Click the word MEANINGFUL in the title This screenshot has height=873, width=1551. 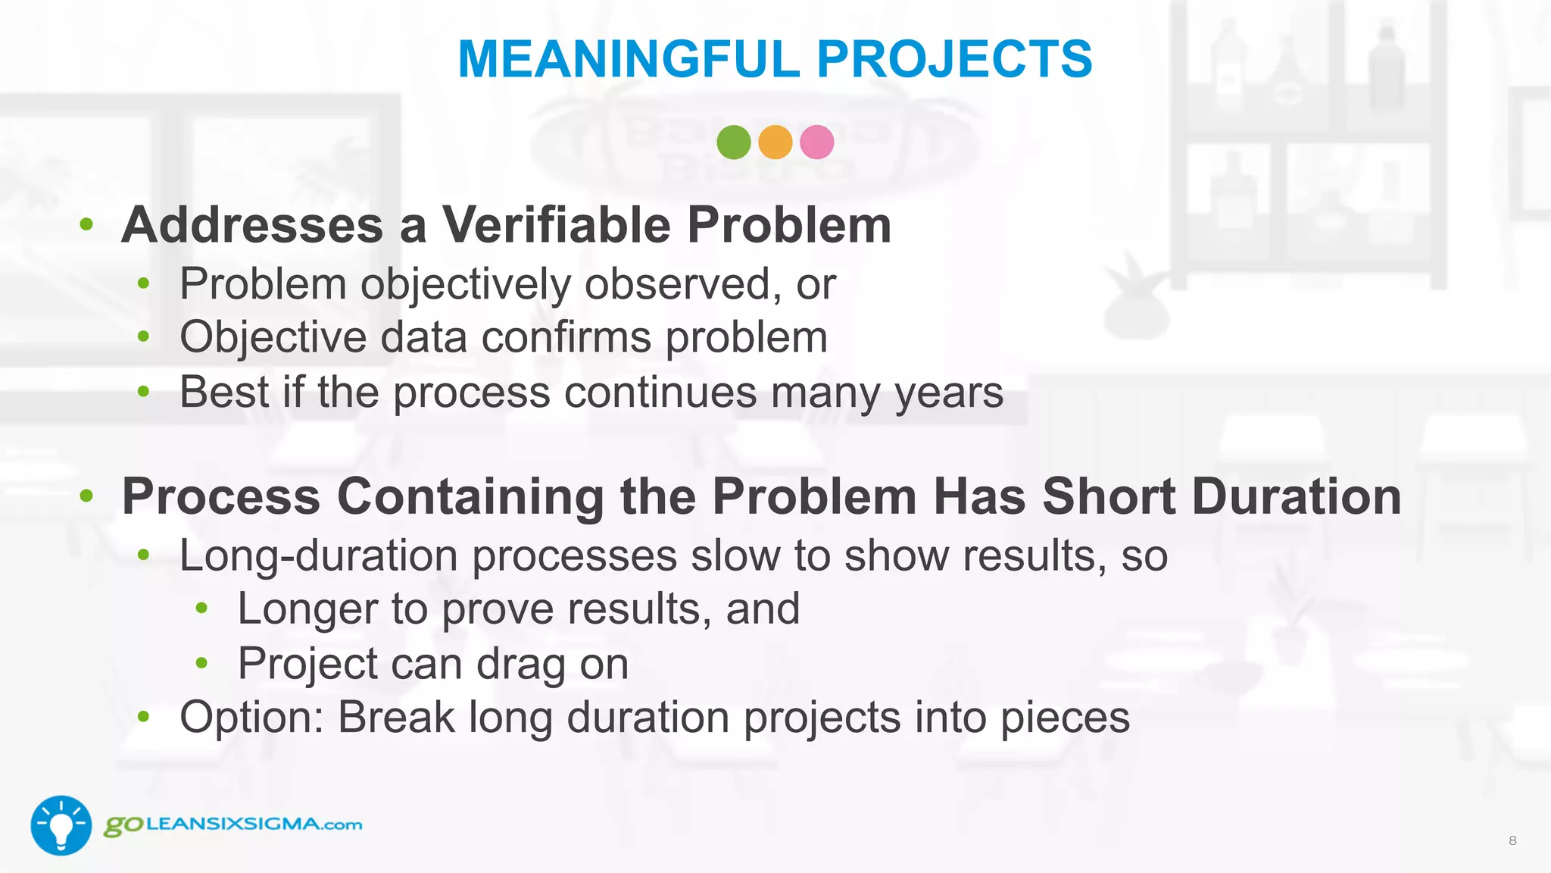[629, 59]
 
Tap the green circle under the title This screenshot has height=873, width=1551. [733, 142]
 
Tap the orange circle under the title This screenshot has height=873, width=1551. [775, 142]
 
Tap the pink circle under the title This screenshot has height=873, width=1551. [816, 142]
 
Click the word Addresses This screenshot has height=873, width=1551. [253, 225]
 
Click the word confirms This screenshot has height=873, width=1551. [566, 337]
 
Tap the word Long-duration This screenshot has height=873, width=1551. [319, 555]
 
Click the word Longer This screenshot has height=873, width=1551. [307, 609]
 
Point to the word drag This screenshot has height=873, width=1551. [521, 664]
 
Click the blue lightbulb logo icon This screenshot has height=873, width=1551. [61, 825]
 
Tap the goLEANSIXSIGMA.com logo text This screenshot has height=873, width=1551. [233, 824]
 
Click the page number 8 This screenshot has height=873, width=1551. [1512, 840]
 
